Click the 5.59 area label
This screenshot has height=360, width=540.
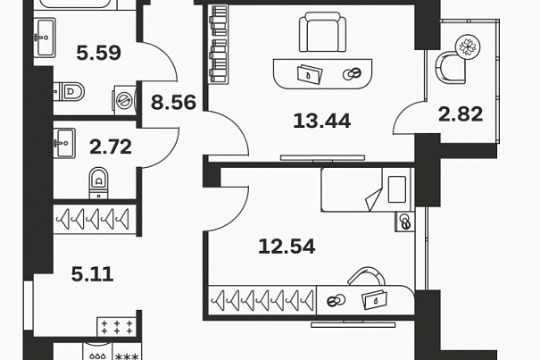point(98,53)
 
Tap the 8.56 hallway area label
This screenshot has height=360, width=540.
point(173,103)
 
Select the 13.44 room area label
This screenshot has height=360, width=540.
point(322,121)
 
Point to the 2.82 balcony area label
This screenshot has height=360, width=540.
point(461,114)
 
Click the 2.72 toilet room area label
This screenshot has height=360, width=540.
point(111,147)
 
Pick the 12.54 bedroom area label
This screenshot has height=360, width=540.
point(287,247)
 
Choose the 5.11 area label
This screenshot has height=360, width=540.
point(92,274)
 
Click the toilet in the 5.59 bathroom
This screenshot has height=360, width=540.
point(69,91)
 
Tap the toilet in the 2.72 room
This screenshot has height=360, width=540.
point(98,183)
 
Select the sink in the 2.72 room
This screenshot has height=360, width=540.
point(64,143)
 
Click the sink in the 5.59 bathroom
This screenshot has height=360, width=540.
point(45,38)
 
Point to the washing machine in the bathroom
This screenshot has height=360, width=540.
point(124,100)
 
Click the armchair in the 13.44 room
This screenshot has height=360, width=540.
point(323,32)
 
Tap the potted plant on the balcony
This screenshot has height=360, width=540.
point(467,46)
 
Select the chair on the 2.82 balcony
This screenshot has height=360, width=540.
point(451,68)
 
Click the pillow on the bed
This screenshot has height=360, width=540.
point(396,189)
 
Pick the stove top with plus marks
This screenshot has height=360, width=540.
point(117,327)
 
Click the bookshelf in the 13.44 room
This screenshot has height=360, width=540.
point(219,44)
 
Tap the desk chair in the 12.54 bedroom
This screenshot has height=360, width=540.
point(367,276)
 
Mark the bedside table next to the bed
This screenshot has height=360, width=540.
point(405,221)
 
